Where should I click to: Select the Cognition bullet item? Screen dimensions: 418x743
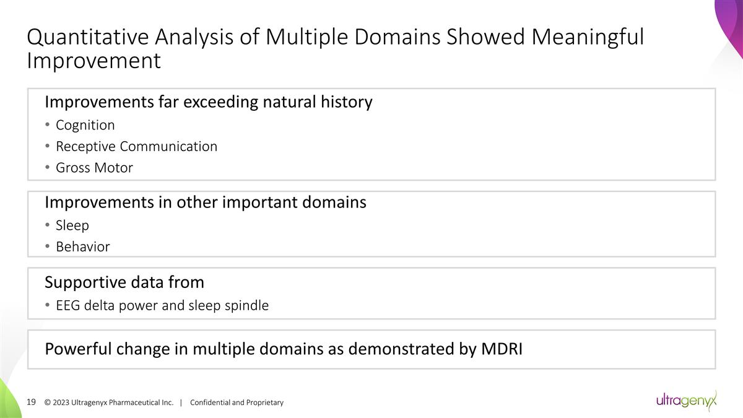click(85, 125)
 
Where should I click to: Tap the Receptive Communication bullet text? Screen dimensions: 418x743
click(136, 146)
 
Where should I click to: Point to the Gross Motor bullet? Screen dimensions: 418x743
click(94, 167)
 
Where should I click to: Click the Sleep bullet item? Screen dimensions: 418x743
click(72, 225)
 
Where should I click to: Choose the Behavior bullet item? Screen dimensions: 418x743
click(82, 246)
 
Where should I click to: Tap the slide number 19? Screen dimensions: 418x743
click(32, 402)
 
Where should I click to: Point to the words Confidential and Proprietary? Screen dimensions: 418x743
click(237, 403)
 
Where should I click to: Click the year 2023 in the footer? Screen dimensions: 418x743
click(61, 403)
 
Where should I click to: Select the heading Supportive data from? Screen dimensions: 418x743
click(124, 282)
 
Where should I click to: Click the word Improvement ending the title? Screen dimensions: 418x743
click(93, 61)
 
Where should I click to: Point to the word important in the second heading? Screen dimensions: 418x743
click(272, 202)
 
